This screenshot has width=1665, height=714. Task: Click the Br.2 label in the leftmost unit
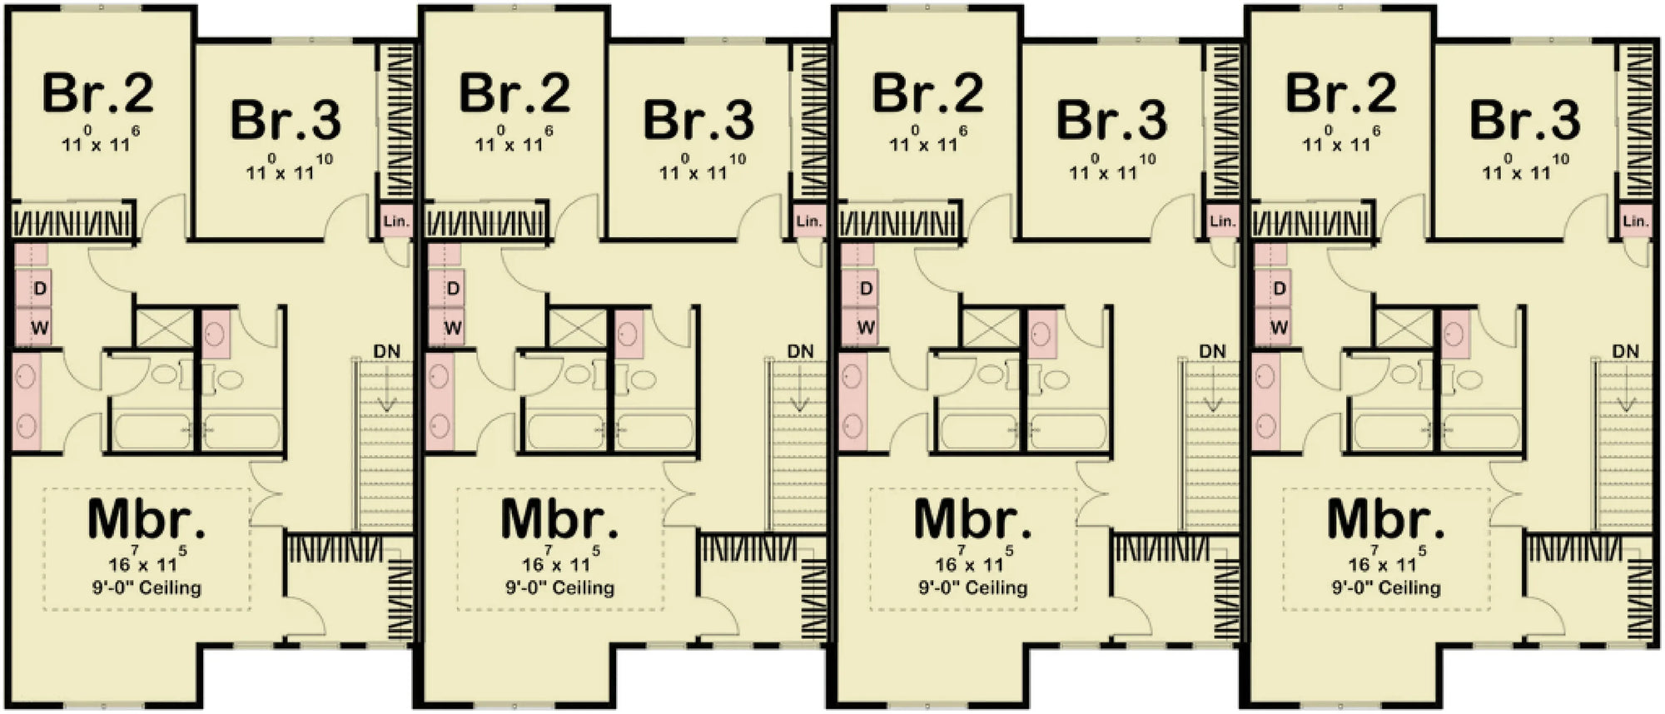click(x=98, y=93)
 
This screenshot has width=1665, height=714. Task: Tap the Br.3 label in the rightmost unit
click(x=1524, y=120)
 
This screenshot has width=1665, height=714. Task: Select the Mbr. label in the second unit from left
click(x=560, y=519)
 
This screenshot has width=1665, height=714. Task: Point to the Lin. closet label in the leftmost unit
click(x=396, y=221)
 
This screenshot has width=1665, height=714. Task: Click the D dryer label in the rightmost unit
click(x=1280, y=288)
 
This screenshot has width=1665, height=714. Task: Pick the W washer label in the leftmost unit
click(x=39, y=327)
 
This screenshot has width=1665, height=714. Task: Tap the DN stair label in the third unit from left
click(x=1212, y=351)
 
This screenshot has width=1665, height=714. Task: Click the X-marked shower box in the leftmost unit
click(x=164, y=328)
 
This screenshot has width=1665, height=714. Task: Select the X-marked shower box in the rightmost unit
click(x=1403, y=328)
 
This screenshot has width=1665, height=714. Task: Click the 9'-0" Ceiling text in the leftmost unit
click(x=147, y=588)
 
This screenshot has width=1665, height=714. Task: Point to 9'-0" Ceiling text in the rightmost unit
click(x=1386, y=588)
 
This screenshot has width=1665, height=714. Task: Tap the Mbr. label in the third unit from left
click(x=972, y=519)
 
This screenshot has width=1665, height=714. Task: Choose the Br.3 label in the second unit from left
click(x=699, y=120)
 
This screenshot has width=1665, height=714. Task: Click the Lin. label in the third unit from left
click(x=1222, y=221)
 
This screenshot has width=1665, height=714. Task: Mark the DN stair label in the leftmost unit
click(x=387, y=351)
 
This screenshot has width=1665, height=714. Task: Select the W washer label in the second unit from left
click(x=452, y=327)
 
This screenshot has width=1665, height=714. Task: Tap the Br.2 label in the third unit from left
click(x=927, y=93)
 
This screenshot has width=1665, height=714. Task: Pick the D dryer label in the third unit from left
click(x=867, y=288)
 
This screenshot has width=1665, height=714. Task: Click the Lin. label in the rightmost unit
click(x=1635, y=221)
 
